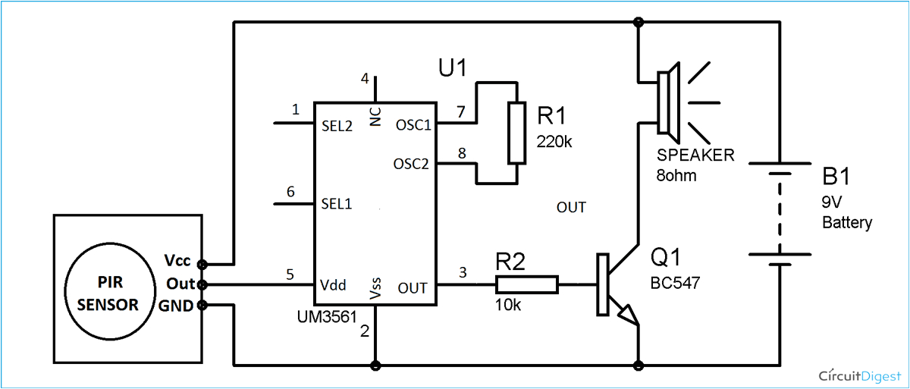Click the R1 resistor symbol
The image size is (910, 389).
click(517, 133)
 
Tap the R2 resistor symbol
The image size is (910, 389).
click(527, 285)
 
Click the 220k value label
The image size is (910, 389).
click(554, 141)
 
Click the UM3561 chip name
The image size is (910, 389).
click(326, 318)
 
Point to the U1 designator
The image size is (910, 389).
click(452, 68)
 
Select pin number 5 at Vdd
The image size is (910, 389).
click(289, 274)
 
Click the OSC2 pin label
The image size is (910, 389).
click(411, 164)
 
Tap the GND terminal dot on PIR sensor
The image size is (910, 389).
click(202, 306)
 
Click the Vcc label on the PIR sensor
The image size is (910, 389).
click(177, 260)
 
